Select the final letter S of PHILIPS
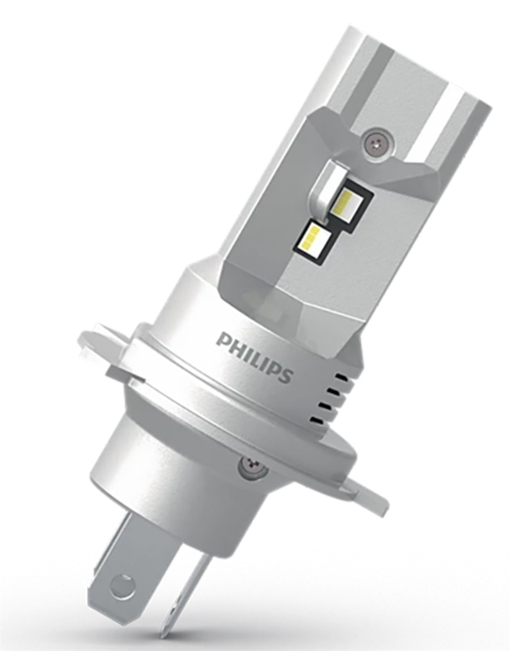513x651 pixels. [285, 374]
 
